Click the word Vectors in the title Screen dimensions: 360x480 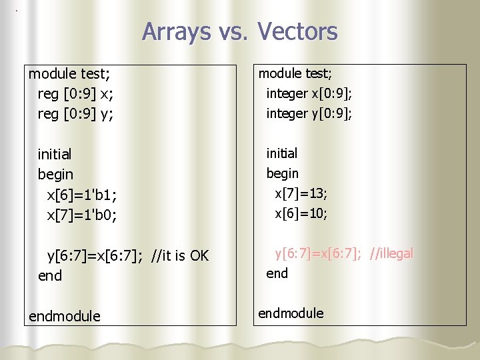[297, 31]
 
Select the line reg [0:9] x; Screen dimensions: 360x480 [75, 93]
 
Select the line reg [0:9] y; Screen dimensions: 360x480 [75, 114]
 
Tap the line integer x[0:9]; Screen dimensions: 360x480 [309, 93]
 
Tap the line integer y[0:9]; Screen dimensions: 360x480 [309, 113]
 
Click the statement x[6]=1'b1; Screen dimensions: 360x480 [81, 195]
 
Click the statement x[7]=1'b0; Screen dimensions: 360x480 [81, 215]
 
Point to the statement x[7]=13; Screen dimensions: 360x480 [301, 193]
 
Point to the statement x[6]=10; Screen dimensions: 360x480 [301, 213]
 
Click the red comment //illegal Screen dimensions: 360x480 [391, 253]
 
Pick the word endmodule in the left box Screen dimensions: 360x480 [65, 316]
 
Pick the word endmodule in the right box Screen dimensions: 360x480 [291, 313]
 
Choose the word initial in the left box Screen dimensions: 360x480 [55, 155]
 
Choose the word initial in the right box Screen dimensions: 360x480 [282, 153]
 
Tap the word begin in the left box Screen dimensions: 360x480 [55, 175]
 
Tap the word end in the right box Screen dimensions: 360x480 [277, 273]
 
